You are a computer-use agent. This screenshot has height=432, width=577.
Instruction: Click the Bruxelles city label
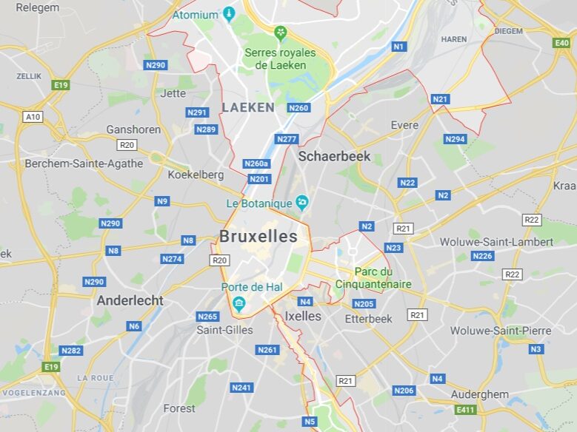259,237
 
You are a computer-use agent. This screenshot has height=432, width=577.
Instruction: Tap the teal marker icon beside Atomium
229,14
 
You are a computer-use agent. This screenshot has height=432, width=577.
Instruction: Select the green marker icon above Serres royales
280,33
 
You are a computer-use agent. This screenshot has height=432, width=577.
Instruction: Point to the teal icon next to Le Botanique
301,202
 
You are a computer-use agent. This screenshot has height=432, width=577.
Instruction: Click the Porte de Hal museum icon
239,303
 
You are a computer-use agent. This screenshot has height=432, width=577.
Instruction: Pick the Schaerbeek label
334,157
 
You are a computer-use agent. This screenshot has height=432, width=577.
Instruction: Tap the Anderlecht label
130,300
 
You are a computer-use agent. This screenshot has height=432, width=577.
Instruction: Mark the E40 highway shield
561,44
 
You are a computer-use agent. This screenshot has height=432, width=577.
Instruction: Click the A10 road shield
33,117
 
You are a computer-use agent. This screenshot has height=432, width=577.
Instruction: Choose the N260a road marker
256,163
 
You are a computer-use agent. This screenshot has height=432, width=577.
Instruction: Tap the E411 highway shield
466,410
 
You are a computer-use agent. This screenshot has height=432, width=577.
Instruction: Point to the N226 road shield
482,256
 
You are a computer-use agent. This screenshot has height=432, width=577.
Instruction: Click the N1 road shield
398,47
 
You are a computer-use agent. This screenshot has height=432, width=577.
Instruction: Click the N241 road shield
241,387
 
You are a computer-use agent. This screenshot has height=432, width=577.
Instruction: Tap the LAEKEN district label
247,107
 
